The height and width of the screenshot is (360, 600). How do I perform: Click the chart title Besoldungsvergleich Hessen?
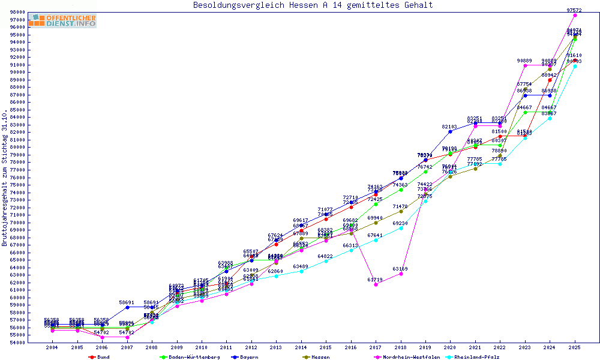[x=313, y=5]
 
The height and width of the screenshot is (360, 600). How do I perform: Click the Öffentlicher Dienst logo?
[x=62, y=20]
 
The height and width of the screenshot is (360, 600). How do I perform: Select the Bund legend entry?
[x=103, y=357]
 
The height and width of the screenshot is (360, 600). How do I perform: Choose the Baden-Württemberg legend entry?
[x=185, y=357]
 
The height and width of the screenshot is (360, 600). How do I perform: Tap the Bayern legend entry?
[x=248, y=357]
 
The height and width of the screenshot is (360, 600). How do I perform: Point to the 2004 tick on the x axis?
[x=52, y=347]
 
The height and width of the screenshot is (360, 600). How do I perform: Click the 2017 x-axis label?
[x=376, y=347]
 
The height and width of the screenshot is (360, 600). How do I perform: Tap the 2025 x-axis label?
[x=575, y=347]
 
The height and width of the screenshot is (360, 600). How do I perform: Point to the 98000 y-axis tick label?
[x=17, y=12]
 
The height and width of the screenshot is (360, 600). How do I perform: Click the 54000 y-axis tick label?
[x=17, y=343]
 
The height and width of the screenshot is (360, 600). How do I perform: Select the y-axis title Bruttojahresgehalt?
[x=5, y=178]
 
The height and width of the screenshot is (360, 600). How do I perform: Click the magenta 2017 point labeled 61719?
[x=376, y=284]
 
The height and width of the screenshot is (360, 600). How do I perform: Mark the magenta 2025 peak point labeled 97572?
[x=575, y=15]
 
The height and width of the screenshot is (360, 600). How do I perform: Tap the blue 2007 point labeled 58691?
[x=127, y=307]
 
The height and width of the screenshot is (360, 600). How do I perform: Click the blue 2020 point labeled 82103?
[x=450, y=131]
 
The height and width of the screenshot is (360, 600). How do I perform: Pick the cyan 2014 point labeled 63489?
[x=301, y=271]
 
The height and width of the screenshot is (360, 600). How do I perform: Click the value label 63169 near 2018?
[x=400, y=269]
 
